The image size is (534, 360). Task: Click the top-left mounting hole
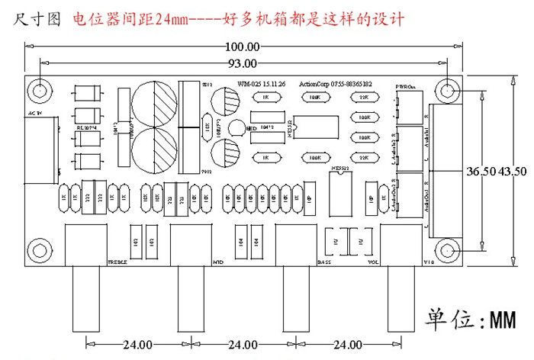[x=38, y=90]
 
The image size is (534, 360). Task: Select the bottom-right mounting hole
[x=449, y=252]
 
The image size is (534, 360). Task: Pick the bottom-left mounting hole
[x=38, y=250]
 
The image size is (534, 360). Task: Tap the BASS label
[x=324, y=262]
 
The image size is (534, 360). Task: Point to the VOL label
[x=374, y=262]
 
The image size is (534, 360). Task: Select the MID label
[x=217, y=262]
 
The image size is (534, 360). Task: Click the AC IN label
[x=35, y=113]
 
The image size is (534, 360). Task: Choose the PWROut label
[x=407, y=87]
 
